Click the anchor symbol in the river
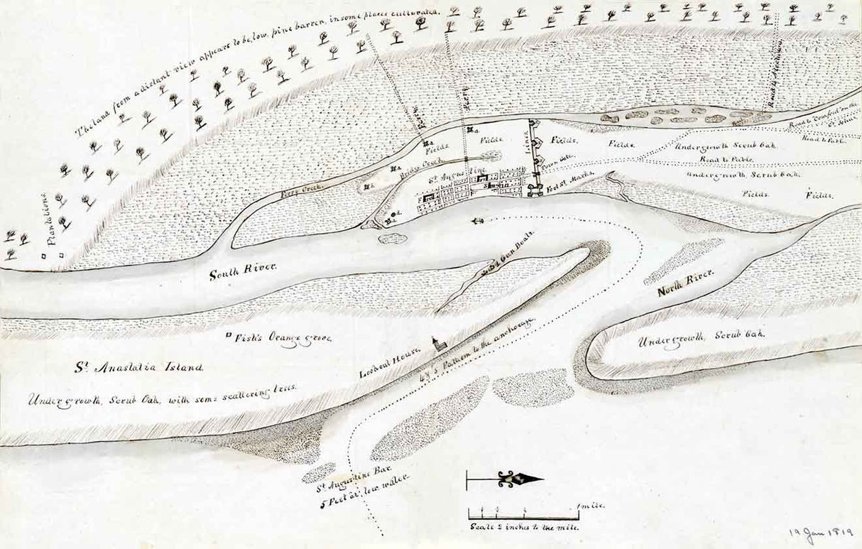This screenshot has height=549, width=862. tap(477, 222)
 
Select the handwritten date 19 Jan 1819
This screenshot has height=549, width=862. tap(821, 533)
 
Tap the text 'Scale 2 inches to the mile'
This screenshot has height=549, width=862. tap(523, 527)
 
